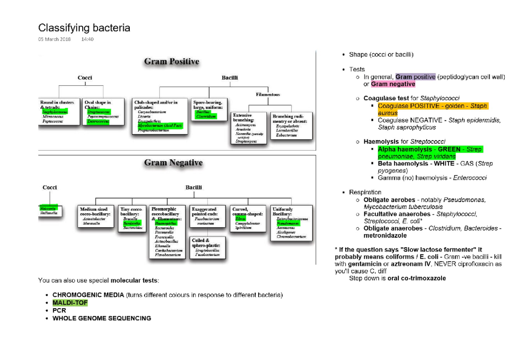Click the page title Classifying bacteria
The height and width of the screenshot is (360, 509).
[84, 28]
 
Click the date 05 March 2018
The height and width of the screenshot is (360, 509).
[54, 39]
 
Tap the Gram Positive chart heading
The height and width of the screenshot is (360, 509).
[171, 61]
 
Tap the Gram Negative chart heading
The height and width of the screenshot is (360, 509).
[173, 163]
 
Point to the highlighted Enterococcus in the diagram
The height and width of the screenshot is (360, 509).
[98, 121]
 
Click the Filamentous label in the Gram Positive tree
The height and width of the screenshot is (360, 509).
[268, 95]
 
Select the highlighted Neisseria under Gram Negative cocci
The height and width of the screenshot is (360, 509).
[48, 209]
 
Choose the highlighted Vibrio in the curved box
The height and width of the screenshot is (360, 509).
[241, 219]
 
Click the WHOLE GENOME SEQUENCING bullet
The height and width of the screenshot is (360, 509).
[101, 318]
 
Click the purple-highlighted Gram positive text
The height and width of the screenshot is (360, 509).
[415, 77]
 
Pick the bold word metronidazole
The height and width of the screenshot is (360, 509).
[385, 235]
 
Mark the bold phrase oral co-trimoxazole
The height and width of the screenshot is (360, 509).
[417, 278]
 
